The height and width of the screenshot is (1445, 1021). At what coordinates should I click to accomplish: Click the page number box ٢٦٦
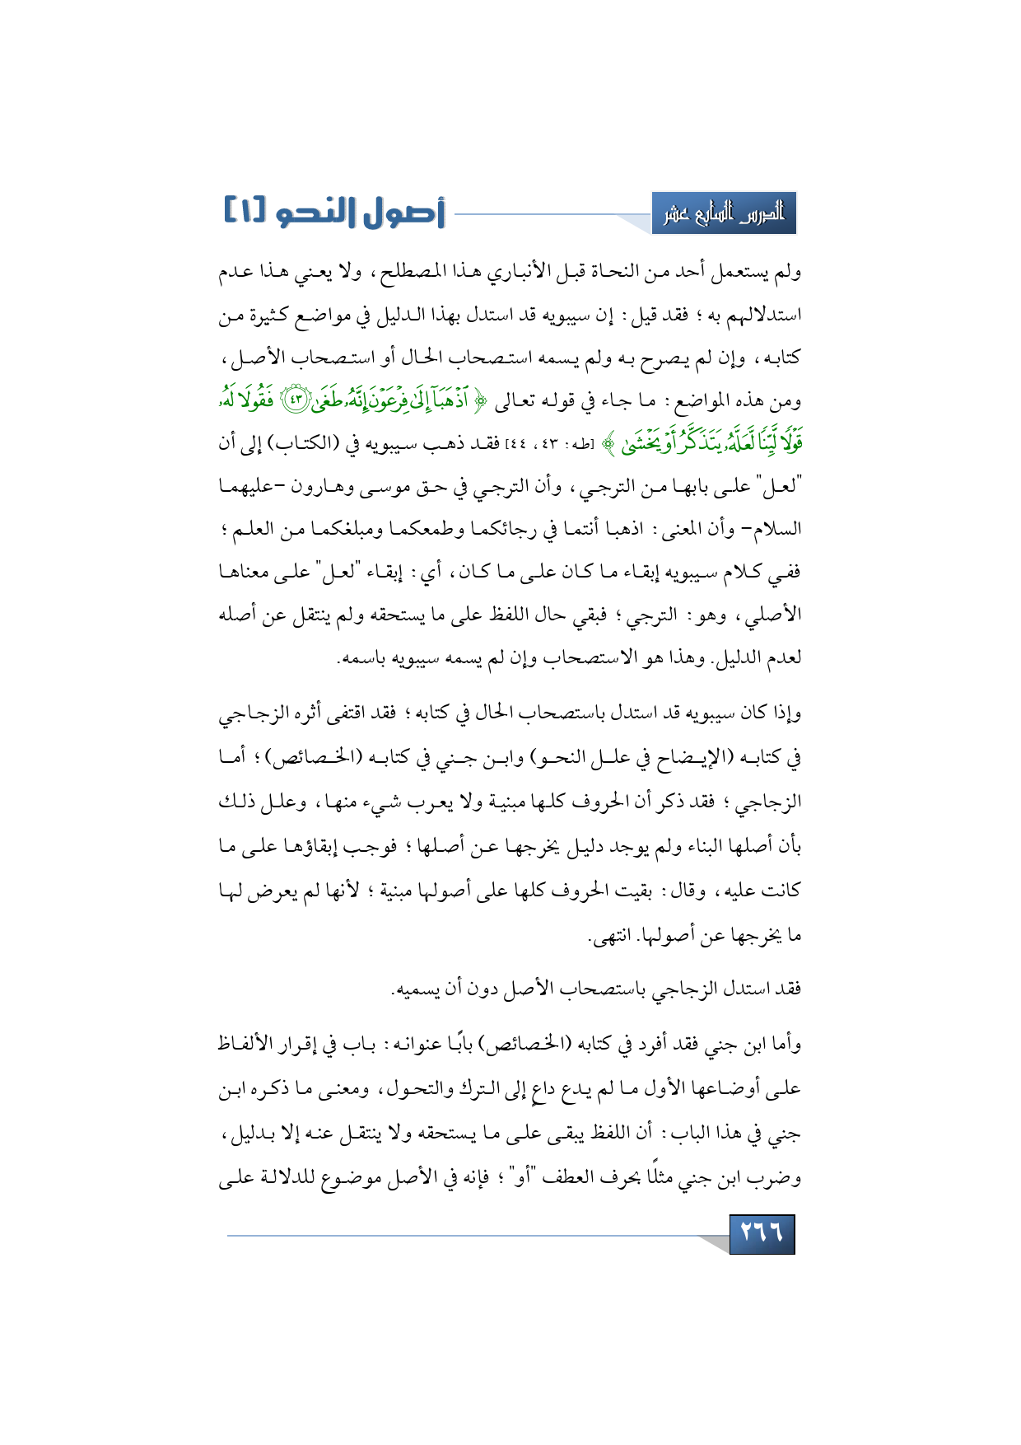click(762, 1233)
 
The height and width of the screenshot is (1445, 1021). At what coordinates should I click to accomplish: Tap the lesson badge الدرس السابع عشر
click(724, 214)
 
